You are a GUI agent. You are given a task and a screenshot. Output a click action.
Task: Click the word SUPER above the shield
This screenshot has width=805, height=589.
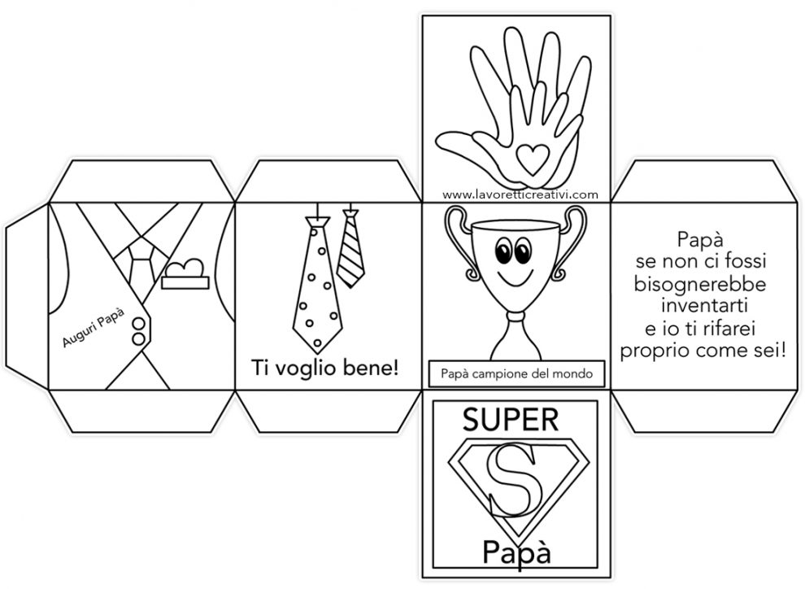pos(511,420)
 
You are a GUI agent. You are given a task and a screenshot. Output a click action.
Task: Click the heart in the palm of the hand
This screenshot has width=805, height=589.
pos(531,158)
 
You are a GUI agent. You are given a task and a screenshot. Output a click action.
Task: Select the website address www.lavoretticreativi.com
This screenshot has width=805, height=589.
pos(520,194)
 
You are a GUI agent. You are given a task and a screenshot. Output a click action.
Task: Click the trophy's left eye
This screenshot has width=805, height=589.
pos(504,250)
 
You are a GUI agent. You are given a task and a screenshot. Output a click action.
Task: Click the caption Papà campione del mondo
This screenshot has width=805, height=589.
pos(516,373)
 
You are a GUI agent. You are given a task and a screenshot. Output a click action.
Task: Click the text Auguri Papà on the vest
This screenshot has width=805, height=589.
pos(93,327)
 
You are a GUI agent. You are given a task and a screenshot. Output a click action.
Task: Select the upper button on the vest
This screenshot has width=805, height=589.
pos(138,324)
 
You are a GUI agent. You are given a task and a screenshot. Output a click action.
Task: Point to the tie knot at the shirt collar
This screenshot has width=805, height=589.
pos(139,251)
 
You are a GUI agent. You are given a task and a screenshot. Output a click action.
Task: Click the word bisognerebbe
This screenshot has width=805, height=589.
pos(700,285)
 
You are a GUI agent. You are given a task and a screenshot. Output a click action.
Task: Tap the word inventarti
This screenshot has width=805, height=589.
pos(704,306)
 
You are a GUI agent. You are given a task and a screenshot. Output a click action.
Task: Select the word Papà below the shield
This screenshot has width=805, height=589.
pos(516,552)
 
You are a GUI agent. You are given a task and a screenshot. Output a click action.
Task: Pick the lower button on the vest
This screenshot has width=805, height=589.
pos(138,339)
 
